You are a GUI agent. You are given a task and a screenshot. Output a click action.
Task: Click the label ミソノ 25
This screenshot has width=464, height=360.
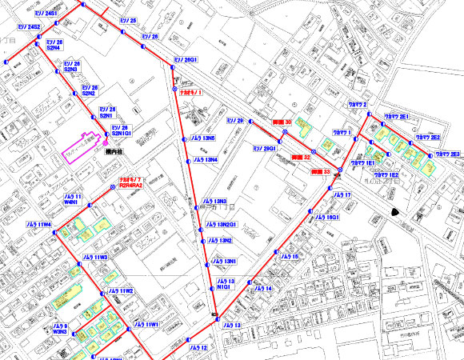click(128, 19)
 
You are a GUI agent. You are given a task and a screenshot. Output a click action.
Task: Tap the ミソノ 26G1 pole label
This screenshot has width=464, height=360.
click(186, 59)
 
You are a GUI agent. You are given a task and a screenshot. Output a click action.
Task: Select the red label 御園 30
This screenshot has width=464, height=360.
click(282, 122)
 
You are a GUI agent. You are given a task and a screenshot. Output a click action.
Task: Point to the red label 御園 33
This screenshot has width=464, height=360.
click(321, 171)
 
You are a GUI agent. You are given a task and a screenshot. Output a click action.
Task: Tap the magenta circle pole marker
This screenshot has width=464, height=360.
click(106, 142)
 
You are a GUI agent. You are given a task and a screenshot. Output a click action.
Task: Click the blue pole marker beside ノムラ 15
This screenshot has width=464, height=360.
click(277, 257)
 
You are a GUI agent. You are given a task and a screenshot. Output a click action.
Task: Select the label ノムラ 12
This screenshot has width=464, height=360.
click(198, 348)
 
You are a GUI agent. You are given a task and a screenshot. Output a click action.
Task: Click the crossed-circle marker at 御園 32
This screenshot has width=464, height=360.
click(314, 150)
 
